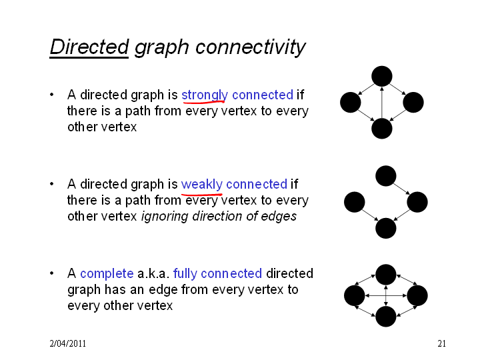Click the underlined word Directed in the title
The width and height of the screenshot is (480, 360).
click(x=89, y=47)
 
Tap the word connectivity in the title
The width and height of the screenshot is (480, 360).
click(x=250, y=47)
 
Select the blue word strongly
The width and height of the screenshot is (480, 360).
click(x=205, y=95)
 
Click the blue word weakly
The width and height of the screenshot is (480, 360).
click(x=201, y=184)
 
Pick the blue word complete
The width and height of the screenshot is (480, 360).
click(x=107, y=274)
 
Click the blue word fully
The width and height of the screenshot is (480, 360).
click(x=185, y=274)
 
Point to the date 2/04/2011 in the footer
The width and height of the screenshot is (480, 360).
click(x=67, y=343)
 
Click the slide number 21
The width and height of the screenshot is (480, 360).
click(x=441, y=343)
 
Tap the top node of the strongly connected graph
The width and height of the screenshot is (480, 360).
click(x=382, y=76)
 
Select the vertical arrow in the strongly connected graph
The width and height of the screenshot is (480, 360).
click(x=382, y=103)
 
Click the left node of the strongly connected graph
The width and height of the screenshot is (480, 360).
click(x=351, y=102)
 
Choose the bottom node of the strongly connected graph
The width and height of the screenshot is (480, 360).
click(x=382, y=129)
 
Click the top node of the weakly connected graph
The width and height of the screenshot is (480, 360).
click(x=386, y=176)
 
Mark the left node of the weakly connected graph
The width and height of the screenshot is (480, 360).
click(x=355, y=202)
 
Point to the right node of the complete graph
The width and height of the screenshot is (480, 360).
click(x=417, y=296)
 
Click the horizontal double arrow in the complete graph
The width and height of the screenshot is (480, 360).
click(x=386, y=296)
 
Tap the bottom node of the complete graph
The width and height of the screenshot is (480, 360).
click(x=386, y=317)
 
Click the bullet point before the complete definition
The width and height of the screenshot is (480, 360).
click(x=52, y=273)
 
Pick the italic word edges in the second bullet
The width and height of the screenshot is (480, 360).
click(x=279, y=217)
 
